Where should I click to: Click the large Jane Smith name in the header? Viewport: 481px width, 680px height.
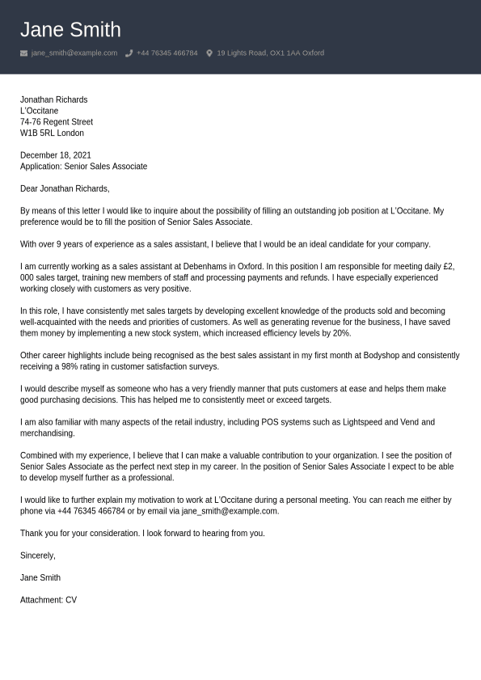coord(70,30)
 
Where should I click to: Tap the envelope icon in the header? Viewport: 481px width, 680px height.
coord(23,53)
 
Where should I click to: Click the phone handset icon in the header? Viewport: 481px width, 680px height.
coord(129,53)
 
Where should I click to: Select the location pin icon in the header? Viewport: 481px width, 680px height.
coord(209,53)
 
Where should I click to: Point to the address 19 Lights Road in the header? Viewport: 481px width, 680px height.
coord(270,53)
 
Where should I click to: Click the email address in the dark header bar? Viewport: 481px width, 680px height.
coord(74,53)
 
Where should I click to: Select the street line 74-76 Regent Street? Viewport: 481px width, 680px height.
coord(57,122)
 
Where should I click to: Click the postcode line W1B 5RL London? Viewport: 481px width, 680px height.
coord(52,133)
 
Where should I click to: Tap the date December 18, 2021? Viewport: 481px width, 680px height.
coord(56,155)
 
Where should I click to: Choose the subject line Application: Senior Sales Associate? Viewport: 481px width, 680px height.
coord(83,167)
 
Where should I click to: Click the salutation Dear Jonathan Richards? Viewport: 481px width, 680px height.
coord(65,188)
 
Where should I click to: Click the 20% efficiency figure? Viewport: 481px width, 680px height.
coord(341,333)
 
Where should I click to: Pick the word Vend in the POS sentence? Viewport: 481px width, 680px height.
coord(409,422)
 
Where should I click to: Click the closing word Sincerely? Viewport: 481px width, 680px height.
coord(38,555)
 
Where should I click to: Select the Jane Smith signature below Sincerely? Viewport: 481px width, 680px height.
coord(40,578)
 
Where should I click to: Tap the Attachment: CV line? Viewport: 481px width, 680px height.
coord(49,600)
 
